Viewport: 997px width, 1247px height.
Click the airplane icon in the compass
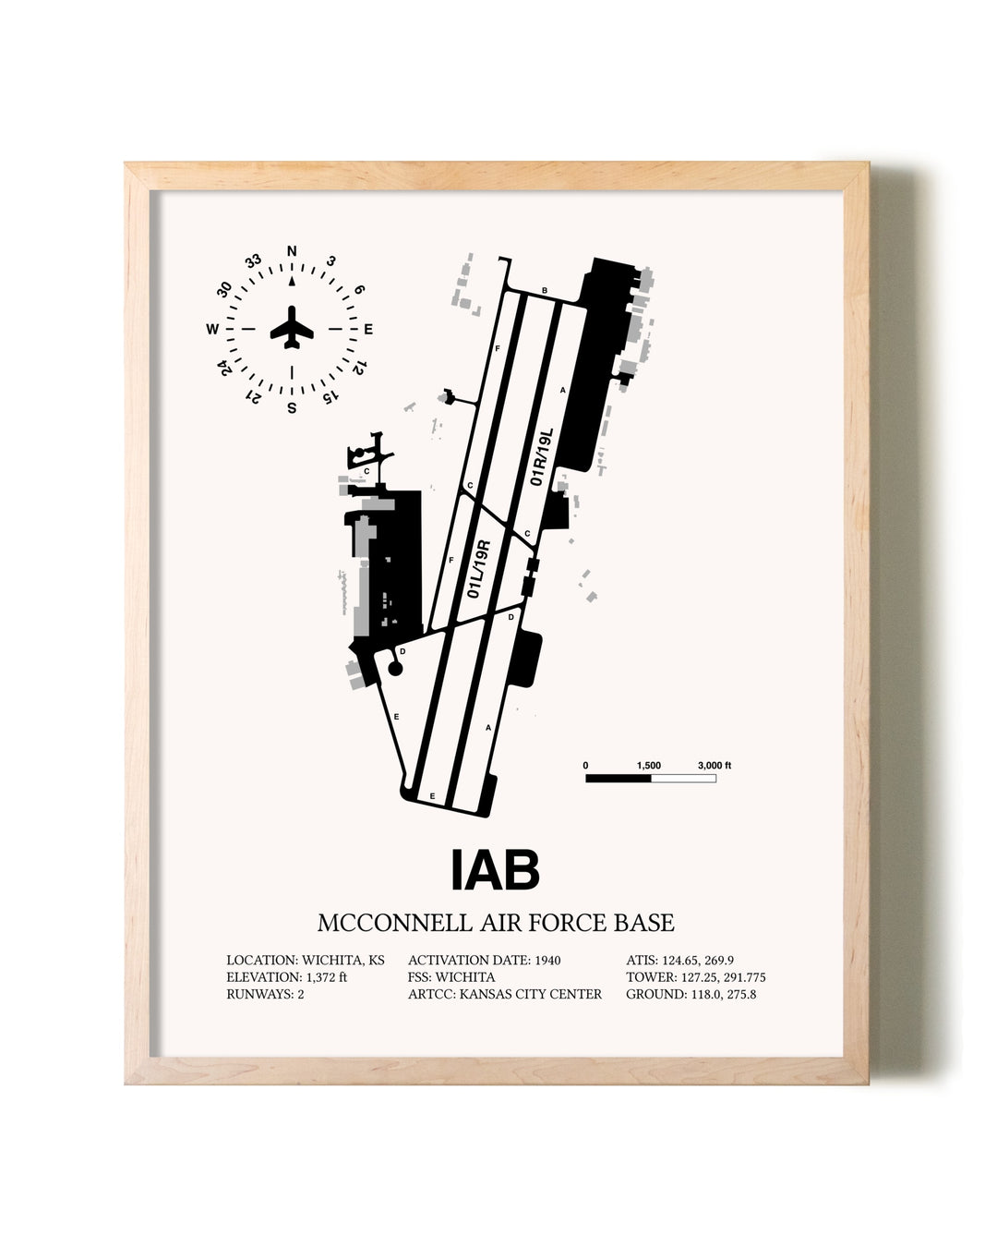(292, 327)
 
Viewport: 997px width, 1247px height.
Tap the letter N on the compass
(292, 251)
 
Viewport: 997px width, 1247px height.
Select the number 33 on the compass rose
(253, 261)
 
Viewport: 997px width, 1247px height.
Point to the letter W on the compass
(212, 329)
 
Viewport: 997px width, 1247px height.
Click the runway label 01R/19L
(541, 457)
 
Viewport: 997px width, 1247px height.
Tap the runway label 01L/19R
(478, 569)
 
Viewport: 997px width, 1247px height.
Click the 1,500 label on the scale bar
(649, 766)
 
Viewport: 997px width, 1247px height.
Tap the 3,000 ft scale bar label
(715, 766)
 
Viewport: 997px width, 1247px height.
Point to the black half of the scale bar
(619, 778)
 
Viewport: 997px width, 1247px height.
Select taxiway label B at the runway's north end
(544, 290)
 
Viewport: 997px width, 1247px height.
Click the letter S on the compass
(292, 408)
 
